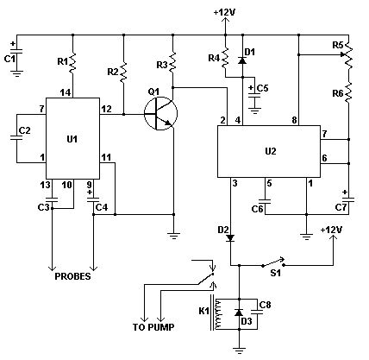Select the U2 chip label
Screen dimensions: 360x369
pyautogui.click(x=270, y=150)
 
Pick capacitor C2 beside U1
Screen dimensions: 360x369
pyautogui.click(x=19, y=134)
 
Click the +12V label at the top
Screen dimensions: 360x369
pyautogui.click(x=224, y=13)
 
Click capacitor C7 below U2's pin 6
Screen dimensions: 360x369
pyautogui.click(x=347, y=199)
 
